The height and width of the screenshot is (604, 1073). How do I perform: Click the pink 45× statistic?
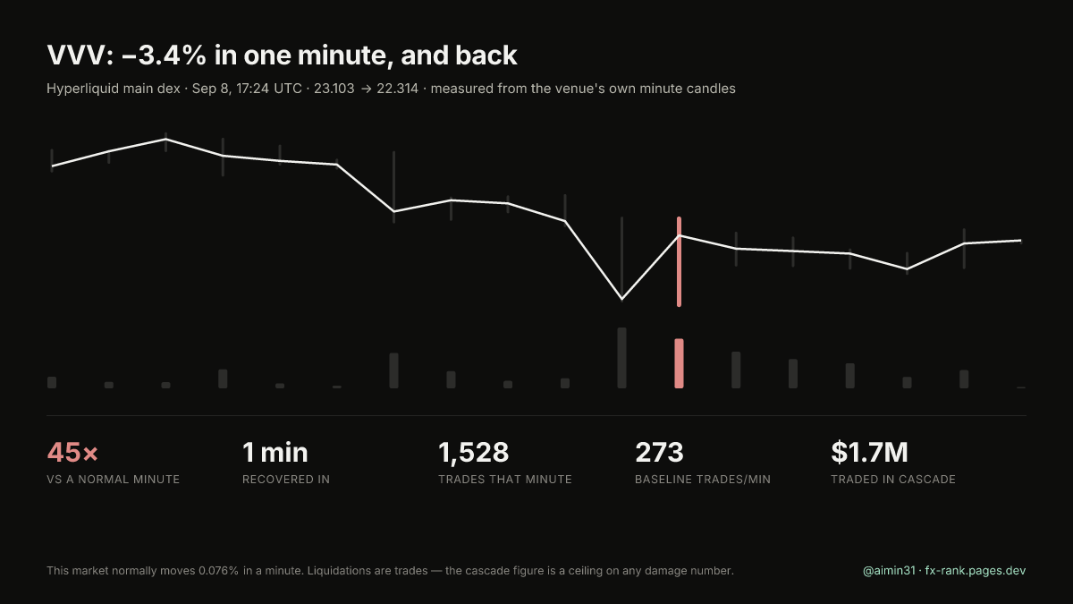click(x=72, y=452)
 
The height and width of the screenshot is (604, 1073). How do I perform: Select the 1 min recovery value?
click(x=275, y=452)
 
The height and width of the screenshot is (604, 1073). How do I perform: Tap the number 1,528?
click(x=473, y=453)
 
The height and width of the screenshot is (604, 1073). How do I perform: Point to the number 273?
click(x=659, y=452)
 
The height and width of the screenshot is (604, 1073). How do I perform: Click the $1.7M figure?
click(x=869, y=452)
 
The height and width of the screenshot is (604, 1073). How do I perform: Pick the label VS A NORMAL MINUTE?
click(x=113, y=480)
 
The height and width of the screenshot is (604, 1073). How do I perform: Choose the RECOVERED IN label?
click(x=286, y=480)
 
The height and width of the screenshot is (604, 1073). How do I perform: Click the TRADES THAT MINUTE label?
click(x=505, y=480)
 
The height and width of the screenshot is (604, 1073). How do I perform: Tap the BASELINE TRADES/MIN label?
click(x=703, y=480)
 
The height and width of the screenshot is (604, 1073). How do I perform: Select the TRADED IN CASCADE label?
click(x=893, y=480)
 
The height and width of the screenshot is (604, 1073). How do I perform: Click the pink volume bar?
click(x=679, y=363)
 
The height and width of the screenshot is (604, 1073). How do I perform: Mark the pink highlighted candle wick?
click(x=679, y=261)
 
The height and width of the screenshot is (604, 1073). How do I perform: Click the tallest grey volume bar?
click(x=621, y=358)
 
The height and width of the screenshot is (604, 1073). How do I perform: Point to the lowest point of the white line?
click(x=621, y=299)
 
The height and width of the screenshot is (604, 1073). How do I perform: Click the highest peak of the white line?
click(x=165, y=139)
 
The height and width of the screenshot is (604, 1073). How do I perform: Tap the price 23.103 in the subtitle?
click(x=334, y=89)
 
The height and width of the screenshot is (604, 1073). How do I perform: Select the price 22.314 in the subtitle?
click(x=397, y=89)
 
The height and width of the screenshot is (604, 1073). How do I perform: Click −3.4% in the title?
click(x=164, y=55)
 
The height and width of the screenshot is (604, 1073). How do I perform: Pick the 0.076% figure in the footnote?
click(x=218, y=571)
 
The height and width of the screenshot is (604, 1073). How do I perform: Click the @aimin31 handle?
click(x=889, y=571)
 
